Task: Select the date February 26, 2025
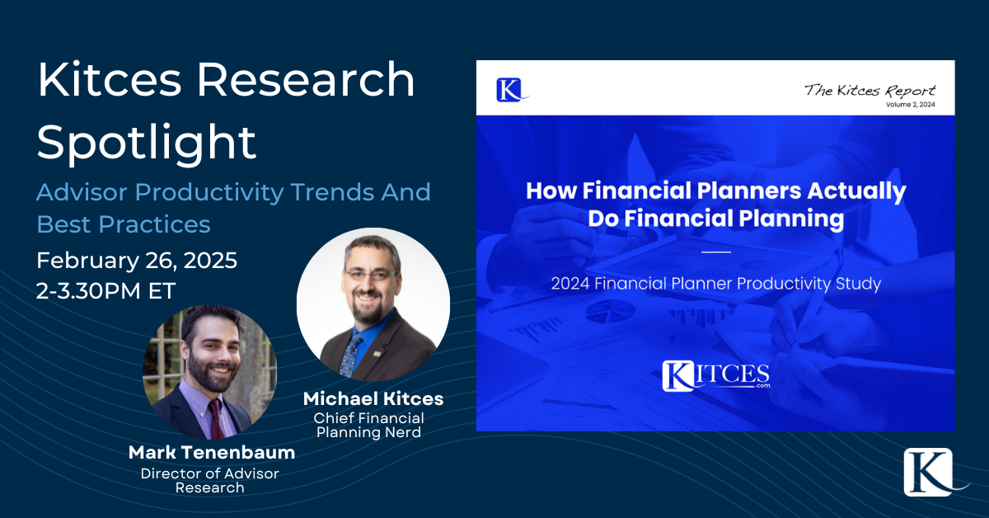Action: coord(137,261)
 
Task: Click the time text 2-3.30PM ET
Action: coord(107,290)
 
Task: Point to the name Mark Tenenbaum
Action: coord(212,453)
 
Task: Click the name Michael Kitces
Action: coord(373,399)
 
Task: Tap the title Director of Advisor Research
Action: coord(209,480)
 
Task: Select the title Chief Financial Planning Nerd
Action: coord(368,426)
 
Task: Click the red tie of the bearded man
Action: coord(216,419)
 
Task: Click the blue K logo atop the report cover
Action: coord(509,88)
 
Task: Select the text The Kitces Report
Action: coord(869,90)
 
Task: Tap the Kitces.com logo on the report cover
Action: coord(715,375)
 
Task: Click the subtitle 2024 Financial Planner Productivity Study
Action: coord(716,284)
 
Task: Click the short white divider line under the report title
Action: coord(716,251)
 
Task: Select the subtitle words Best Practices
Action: coord(124,224)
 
